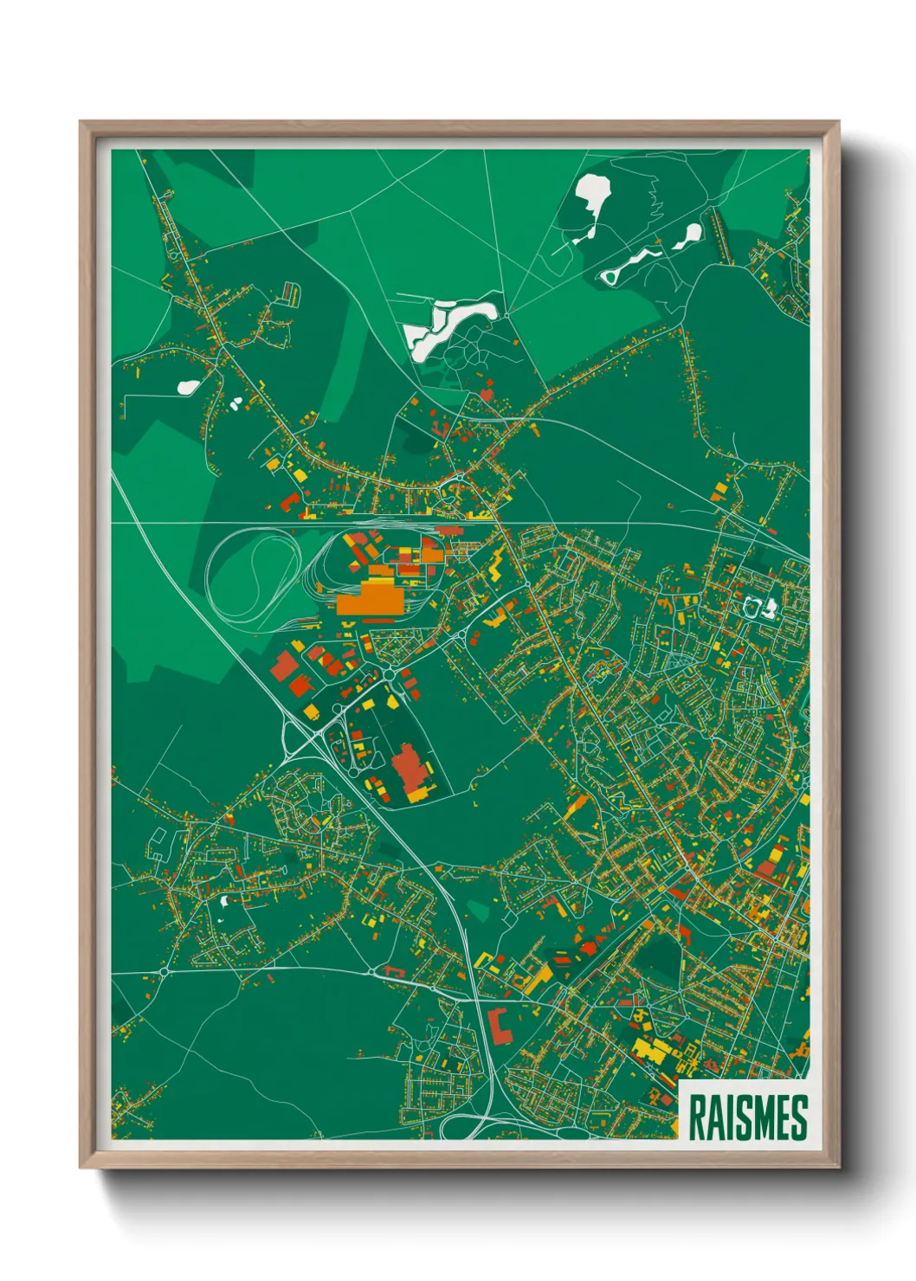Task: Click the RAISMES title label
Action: pyautogui.click(x=747, y=1118)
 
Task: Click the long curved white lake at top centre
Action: pyautogui.click(x=450, y=324)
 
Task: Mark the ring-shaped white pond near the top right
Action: pyautogui.click(x=611, y=274)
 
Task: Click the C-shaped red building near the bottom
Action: pyautogui.click(x=499, y=1024)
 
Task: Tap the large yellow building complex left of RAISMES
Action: pyautogui.click(x=653, y=1052)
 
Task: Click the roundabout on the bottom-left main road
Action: pyautogui.click(x=164, y=972)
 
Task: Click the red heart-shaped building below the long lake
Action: pyautogui.click(x=486, y=395)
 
